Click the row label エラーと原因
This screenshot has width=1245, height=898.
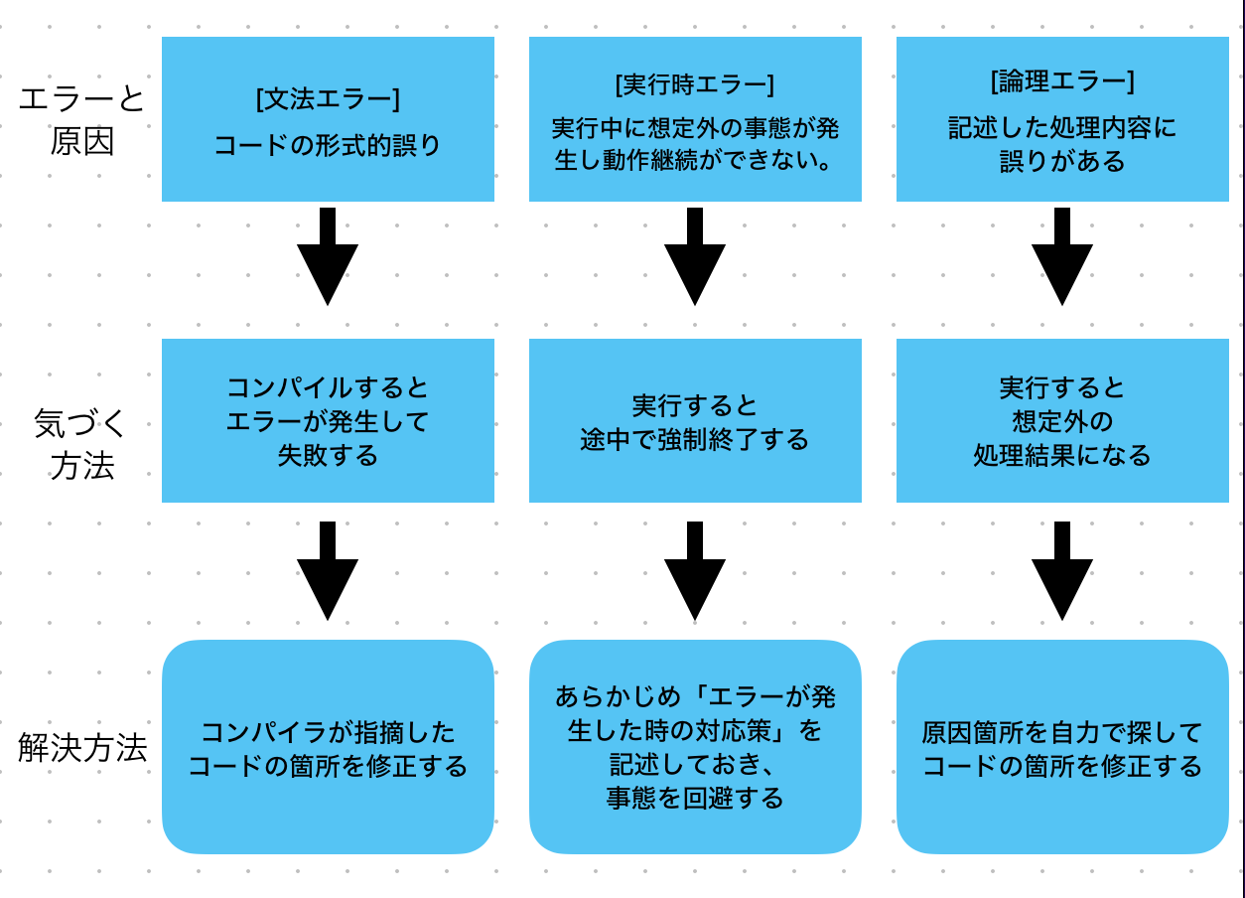pos(81,119)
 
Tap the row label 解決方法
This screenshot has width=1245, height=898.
pos(82,748)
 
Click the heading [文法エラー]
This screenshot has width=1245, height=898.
pos(328,99)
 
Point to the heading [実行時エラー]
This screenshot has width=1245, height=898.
pos(694,84)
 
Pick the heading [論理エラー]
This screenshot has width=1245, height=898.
pos(1062,81)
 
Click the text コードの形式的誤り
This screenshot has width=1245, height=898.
pos(328,146)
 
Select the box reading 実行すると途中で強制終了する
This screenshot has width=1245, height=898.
pos(695,421)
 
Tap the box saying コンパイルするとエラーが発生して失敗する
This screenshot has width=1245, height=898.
pos(328,421)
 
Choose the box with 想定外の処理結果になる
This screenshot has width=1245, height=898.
pos(1062,421)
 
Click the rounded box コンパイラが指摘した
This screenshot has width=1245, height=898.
pos(328,747)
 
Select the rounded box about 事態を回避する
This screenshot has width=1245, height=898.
pos(695,747)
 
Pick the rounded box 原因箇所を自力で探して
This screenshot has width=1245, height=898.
pos(1062,747)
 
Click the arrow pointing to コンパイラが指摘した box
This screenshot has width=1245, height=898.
pos(328,573)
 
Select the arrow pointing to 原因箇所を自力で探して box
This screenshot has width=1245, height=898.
pos(1062,573)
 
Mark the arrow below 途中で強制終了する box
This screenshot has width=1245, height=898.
pos(695,573)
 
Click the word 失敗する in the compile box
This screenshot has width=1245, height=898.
pos(328,456)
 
